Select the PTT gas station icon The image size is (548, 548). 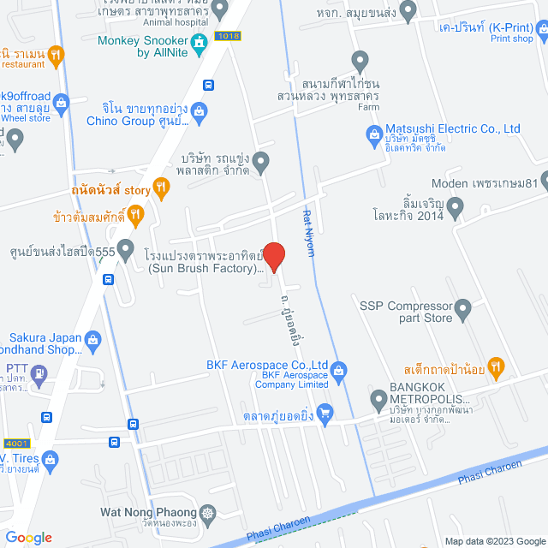[39, 373]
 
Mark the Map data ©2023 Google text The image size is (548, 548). [493, 540]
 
